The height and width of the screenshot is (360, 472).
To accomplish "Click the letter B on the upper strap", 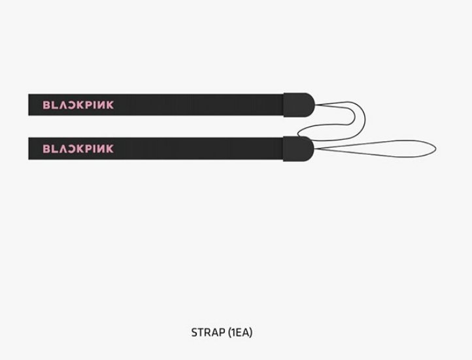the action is click(46, 105).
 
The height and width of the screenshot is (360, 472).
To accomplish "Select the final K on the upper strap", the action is click(110, 105).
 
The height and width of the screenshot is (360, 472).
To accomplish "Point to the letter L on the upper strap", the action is click(54, 105).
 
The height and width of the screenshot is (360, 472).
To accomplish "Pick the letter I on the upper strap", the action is click(95, 105).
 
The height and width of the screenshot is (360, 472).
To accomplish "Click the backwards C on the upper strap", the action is click(72, 105).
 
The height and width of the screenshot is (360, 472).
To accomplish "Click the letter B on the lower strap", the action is click(46, 148).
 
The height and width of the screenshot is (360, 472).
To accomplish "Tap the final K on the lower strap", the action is click(110, 148).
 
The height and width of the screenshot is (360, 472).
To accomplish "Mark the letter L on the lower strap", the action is click(54, 148).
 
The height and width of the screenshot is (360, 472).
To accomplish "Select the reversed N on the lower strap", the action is click(101, 148).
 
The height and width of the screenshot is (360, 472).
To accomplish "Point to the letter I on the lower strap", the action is click(95, 148).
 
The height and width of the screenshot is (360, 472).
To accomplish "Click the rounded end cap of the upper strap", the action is click(299, 105).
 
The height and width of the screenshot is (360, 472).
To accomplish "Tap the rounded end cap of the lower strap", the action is click(299, 148).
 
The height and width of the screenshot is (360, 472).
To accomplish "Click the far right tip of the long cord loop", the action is click(436, 148).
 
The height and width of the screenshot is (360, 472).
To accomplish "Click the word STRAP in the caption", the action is click(209, 333).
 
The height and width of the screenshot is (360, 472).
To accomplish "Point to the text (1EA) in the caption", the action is click(240, 333).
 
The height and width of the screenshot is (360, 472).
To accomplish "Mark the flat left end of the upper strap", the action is click(29, 105).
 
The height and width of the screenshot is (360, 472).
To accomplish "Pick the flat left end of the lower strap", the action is click(29, 148).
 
